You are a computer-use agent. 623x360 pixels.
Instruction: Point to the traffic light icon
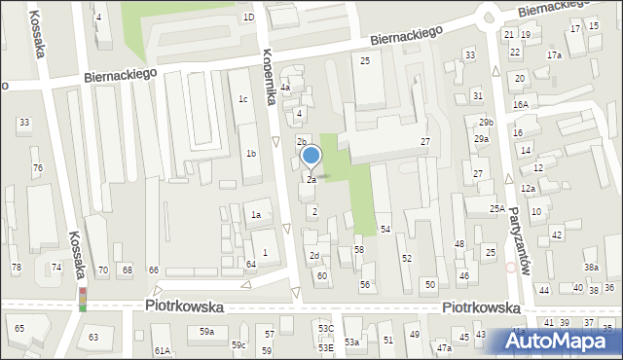click(x=83, y=299)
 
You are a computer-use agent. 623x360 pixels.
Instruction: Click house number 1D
click(x=248, y=17)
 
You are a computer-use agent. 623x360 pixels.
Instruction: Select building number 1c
click(x=243, y=99)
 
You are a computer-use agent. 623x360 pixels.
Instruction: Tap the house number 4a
click(x=285, y=88)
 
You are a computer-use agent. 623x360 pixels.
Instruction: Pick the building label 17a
click(x=554, y=55)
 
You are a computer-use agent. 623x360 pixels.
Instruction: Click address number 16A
click(x=521, y=104)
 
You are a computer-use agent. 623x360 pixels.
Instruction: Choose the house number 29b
click(x=486, y=122)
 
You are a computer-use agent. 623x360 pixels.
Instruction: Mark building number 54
click(x=385, y=229)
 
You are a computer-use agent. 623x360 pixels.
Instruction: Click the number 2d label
click(x=313, y=256)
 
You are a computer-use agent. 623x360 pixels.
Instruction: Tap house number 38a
click(x=591, y=267)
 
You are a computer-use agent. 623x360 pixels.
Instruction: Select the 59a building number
click(x=207, y=332)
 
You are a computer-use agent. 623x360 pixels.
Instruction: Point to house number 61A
click(x=162, y=350)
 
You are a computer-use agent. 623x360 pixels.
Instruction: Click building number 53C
click(x=325, y=330)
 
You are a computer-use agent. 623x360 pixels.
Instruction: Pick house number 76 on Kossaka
click(x=37, y=168)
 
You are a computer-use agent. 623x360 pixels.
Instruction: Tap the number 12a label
click(x=528, y=188)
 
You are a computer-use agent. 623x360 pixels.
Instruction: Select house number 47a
click(x=444, y=347)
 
